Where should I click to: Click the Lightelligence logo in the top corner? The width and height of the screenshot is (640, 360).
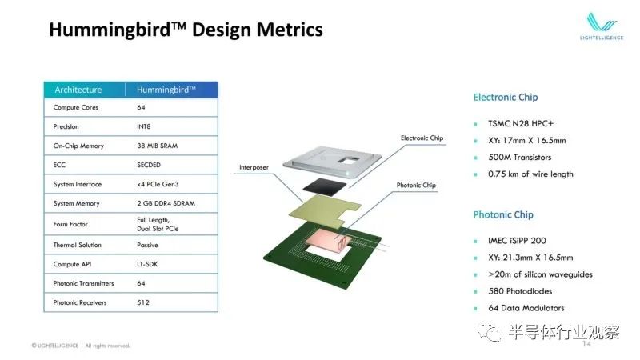602,26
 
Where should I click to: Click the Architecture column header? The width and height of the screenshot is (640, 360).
78,90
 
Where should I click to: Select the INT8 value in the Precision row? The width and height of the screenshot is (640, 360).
144,126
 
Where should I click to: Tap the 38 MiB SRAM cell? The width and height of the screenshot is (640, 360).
157,146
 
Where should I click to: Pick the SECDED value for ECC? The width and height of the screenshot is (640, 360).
149,165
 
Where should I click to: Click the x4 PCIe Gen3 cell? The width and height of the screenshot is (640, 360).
158,184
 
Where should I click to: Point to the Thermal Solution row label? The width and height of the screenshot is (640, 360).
77,245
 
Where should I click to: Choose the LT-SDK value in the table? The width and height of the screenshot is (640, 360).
147,264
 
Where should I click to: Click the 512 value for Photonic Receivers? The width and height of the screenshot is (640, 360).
143,302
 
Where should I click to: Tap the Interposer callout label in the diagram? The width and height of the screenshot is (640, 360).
254,167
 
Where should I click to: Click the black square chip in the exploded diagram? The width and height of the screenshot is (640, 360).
325,187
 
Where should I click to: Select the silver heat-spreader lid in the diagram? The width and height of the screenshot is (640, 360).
332,162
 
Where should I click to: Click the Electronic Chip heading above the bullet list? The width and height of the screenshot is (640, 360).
506,97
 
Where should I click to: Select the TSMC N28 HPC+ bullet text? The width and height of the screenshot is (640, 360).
521,124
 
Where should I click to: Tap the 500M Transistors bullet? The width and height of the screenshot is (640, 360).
519,157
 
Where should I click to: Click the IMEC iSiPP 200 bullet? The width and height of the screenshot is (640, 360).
517,241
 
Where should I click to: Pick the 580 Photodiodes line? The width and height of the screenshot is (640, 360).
520,291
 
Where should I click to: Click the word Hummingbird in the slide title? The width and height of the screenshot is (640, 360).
110,30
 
